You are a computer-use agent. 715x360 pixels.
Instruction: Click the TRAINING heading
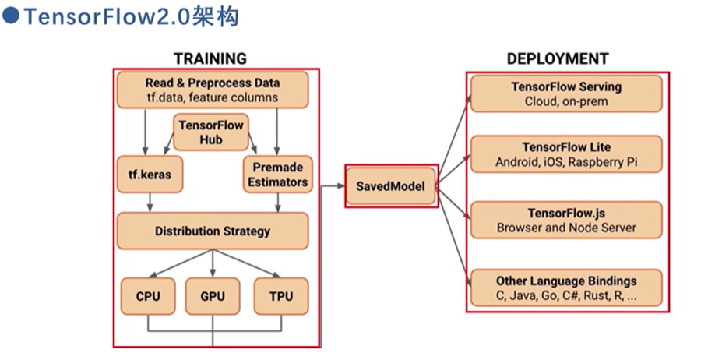[x=210, y=59]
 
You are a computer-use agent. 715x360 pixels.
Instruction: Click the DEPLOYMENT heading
[x=558, y=59]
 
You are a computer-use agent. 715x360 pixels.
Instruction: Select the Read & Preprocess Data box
[x=212, y=90]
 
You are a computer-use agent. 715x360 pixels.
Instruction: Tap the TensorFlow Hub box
[x=210, y=132]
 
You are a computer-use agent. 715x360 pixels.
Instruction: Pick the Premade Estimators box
[x=277, y=175]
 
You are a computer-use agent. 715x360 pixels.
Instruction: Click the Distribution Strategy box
[x=212, y=231]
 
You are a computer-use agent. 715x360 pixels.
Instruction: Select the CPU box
[x=147, y=296]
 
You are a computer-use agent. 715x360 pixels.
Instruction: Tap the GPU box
[x=213, y=296]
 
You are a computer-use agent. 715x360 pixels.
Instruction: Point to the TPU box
[x=280, y=296]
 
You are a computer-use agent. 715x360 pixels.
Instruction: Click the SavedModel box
[x=392, y=185]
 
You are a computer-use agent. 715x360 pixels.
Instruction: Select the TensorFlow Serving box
[x=566, y=93]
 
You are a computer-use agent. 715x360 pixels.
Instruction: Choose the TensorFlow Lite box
[x=566, y=154]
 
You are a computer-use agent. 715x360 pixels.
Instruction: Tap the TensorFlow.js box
[x=566, y=220]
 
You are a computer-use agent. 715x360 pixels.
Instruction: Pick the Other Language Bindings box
[x=566, y=288]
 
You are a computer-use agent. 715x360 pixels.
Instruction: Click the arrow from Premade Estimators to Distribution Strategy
[x=278, y=203]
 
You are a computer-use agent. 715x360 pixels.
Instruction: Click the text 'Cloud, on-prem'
[x=565, y=101]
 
